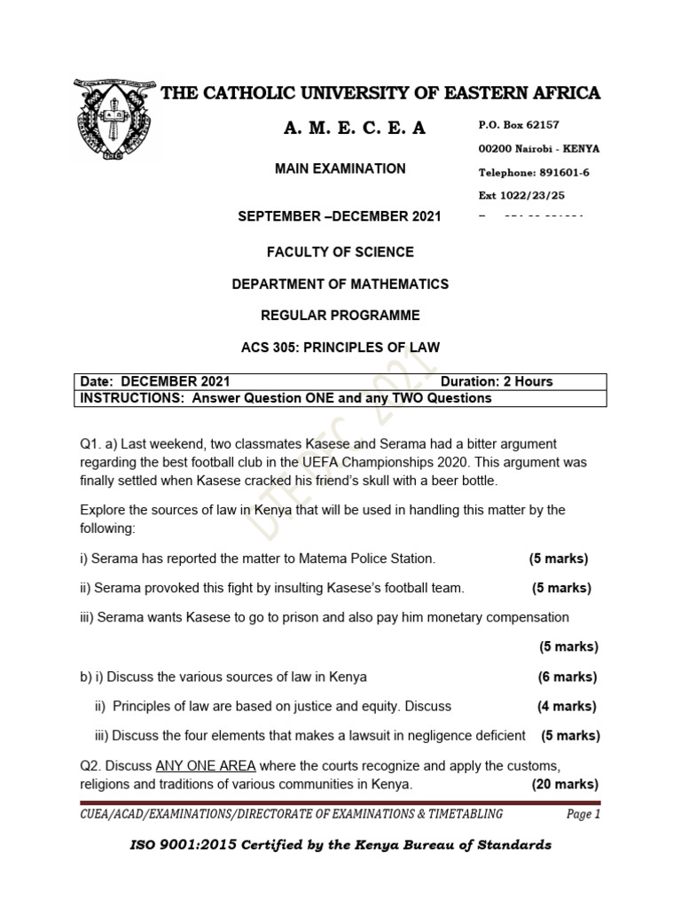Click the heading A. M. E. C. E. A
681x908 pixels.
(355, 129)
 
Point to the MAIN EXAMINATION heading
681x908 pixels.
(340, 168)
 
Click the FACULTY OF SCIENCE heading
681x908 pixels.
(340, 252)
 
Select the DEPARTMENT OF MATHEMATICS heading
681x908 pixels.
(340, 284)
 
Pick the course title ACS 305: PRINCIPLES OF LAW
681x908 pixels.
(340, 347)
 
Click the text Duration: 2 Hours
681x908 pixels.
(496, 381)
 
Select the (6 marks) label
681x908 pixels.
(567, 677)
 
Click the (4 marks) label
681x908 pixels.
(567, 706)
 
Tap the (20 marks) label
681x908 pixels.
(565, 784)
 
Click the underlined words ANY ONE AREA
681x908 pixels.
(206, 765)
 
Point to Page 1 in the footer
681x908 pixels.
(583, 814)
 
